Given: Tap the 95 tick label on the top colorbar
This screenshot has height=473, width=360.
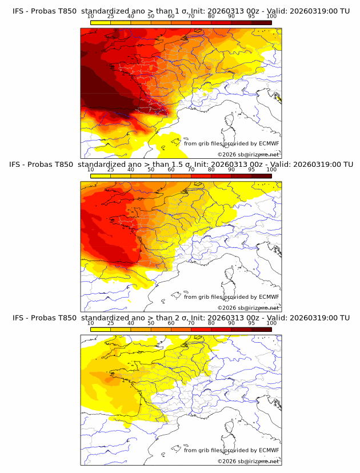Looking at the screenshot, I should (x=251, y=17).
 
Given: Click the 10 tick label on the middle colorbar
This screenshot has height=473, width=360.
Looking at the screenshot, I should (x=90, y=170).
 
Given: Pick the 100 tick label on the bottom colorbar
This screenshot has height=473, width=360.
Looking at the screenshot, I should (x=271, y=323).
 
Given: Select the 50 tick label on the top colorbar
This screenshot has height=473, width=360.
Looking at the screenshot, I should (x=151, y=17).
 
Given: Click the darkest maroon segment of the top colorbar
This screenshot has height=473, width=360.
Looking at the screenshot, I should (x=261, y=22).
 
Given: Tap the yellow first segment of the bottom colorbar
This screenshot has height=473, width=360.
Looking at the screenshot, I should (x=100, y=330).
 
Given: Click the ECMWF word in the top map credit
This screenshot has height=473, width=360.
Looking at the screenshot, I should (x=269, y=143).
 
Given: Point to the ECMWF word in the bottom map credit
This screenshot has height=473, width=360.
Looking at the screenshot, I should (x=269, y=450).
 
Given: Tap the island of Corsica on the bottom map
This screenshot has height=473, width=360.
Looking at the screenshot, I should (x=230, y=428).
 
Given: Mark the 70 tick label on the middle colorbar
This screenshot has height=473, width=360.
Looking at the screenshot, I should (x=191, y=170).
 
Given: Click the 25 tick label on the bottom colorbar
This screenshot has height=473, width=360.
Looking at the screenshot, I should (x=110, y=323).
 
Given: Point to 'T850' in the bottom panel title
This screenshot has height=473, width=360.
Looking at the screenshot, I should (x=67, y=318).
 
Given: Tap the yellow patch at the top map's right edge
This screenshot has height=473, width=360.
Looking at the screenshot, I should (x=278, y=99).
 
